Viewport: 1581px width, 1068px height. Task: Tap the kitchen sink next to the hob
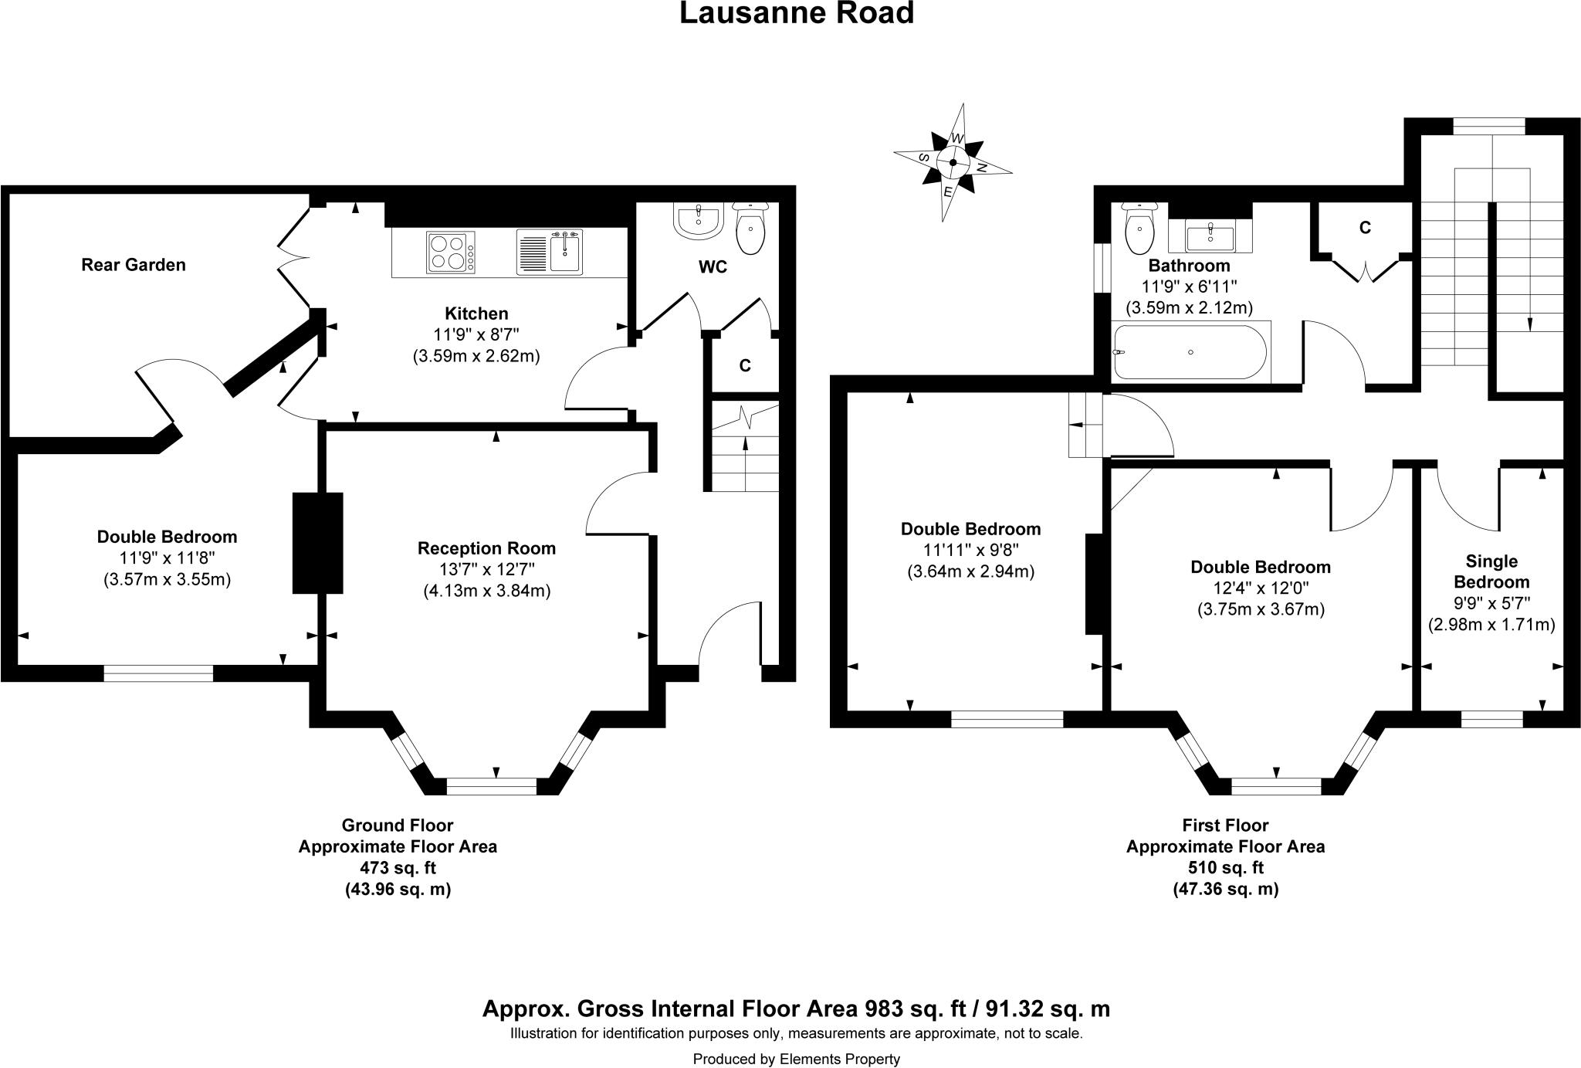pos(550,252)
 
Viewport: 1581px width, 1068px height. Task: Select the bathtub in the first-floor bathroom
pos(1190,352)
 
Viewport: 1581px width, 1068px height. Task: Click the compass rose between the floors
pos(953,163)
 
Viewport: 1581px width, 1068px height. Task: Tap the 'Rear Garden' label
pos(134,265)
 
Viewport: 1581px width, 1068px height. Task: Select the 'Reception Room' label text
pos(486,548)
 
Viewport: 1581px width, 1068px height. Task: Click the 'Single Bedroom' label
pos(1491,571)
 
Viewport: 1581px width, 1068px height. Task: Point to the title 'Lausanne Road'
pos(796,13)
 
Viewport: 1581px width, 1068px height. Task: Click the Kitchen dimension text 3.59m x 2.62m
pos(476,356)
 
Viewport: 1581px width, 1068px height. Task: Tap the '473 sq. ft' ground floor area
pos(398,867)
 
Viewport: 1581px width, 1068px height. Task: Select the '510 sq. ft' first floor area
pos(1225,867)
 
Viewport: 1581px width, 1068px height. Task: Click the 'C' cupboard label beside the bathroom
pos(1365,228)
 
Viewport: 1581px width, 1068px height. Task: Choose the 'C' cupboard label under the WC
pos(745,366)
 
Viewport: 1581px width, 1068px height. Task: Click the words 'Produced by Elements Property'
pos(796,1059)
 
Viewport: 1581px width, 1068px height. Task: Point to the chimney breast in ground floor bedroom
pos(317,543)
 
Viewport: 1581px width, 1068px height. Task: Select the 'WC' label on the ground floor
pos(713,267)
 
